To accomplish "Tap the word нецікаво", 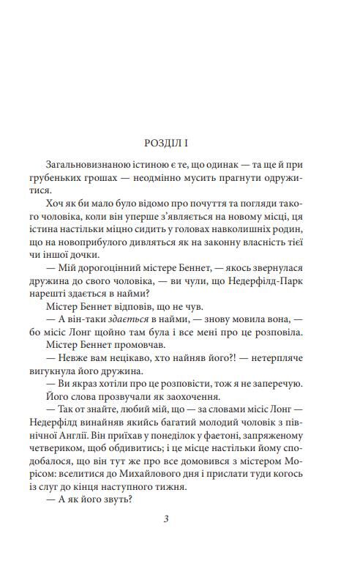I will [x=108, y=372].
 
